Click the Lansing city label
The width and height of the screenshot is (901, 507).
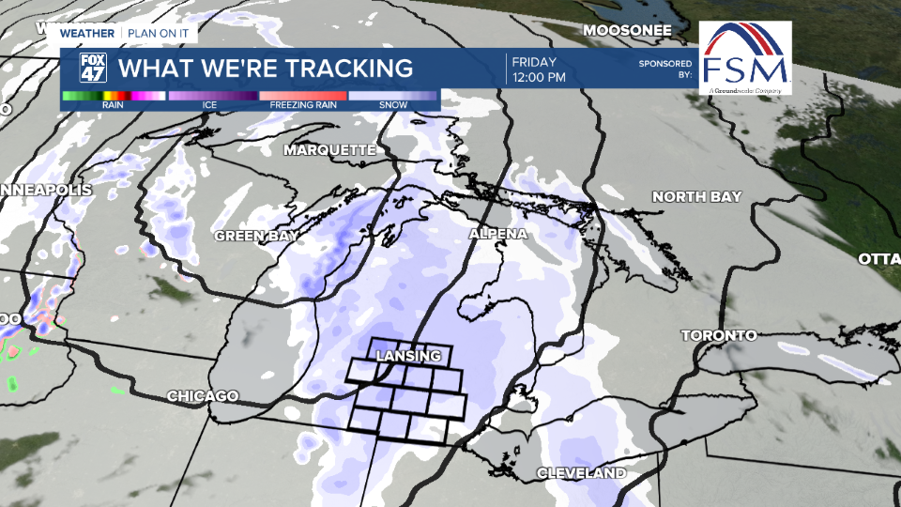tap(407, 357)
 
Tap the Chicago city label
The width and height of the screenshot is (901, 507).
tap(203, 396)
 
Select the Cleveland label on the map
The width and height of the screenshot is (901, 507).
tap(581, 472)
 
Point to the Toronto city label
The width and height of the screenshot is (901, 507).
tap(718, 335)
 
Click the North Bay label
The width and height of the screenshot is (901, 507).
tap(696, 196)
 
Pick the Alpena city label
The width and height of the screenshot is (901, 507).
tap(498, 234)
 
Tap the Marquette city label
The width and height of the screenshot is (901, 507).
tap(329, 150)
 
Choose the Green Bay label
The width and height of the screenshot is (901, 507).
tap(251, 236)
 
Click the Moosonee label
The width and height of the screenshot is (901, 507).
tap(627, 30)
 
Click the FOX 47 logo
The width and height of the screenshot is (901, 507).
tap(93, 68)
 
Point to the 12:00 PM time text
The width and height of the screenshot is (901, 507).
tap(539, 77)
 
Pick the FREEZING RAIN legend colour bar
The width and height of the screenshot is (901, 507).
tap(303, 96)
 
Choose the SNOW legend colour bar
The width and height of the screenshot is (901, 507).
tap(392, 96)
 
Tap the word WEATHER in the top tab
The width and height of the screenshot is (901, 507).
tap(87, 33)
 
